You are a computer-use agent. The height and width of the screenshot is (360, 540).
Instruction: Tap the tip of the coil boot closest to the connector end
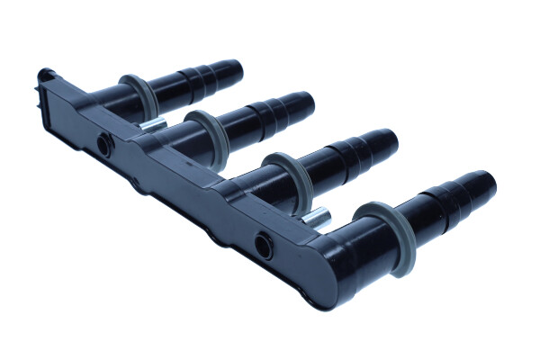(235, 67)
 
